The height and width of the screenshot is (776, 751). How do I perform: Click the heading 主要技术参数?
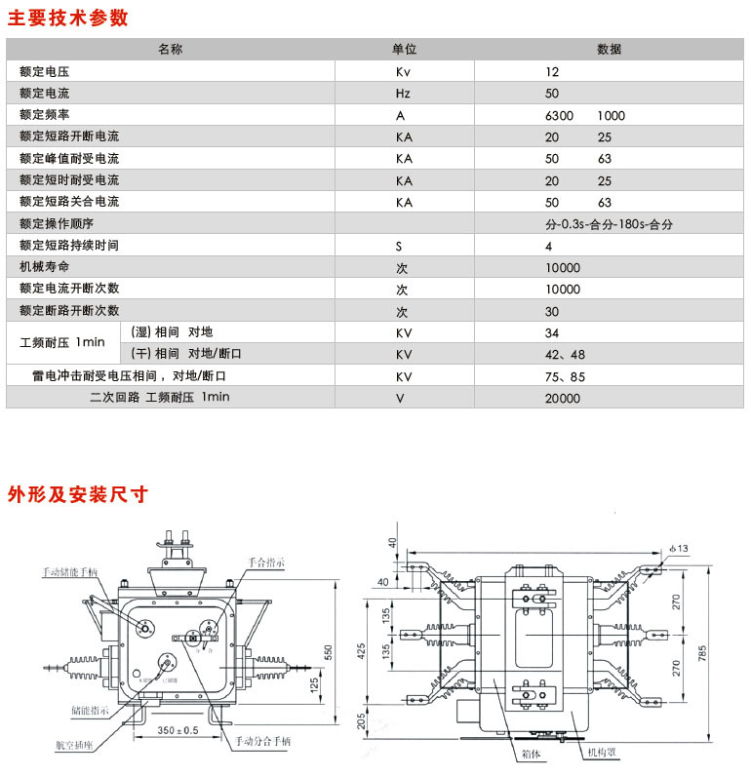click(67, 17)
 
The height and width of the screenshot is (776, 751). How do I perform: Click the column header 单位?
click(405, 50)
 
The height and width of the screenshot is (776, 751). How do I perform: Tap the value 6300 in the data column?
click(561, 115)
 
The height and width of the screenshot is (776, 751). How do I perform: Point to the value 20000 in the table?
click(563, 398)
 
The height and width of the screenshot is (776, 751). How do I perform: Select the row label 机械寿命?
click(45, 267)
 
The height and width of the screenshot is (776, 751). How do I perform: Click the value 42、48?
click(566, 354)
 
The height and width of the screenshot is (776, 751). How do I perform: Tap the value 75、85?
click(566, 375)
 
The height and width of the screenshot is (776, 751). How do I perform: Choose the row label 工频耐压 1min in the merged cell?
click(62, 342)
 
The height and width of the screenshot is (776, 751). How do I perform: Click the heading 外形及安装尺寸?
click(77, 493)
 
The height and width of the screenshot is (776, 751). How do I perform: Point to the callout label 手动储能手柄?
click(69, 572)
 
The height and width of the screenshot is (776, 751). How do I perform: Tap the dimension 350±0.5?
click(178, 730)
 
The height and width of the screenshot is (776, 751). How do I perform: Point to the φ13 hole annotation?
click(679, 550)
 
